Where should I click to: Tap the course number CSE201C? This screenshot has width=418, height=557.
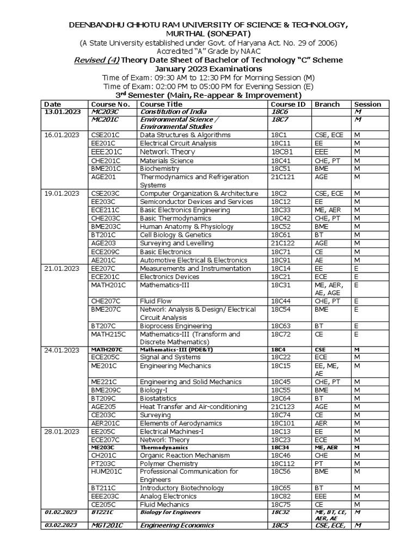107,135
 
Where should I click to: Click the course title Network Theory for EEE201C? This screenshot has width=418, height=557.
167,152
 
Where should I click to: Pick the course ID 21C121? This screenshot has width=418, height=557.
283,177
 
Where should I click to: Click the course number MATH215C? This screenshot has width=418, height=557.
108,334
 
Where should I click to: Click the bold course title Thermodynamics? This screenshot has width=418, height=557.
162,448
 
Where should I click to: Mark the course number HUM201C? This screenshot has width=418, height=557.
107,472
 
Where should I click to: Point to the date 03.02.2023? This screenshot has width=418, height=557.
61,525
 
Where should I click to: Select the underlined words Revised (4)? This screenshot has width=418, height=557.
96,60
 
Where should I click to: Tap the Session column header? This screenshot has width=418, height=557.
367,104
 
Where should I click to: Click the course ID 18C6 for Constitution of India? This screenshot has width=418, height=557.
279,112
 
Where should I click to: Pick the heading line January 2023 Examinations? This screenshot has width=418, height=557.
208,69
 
